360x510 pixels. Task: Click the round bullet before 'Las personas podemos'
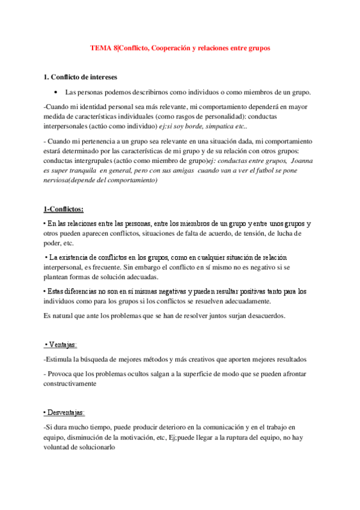(55, 93)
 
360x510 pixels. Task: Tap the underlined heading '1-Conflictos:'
(64, 209)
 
